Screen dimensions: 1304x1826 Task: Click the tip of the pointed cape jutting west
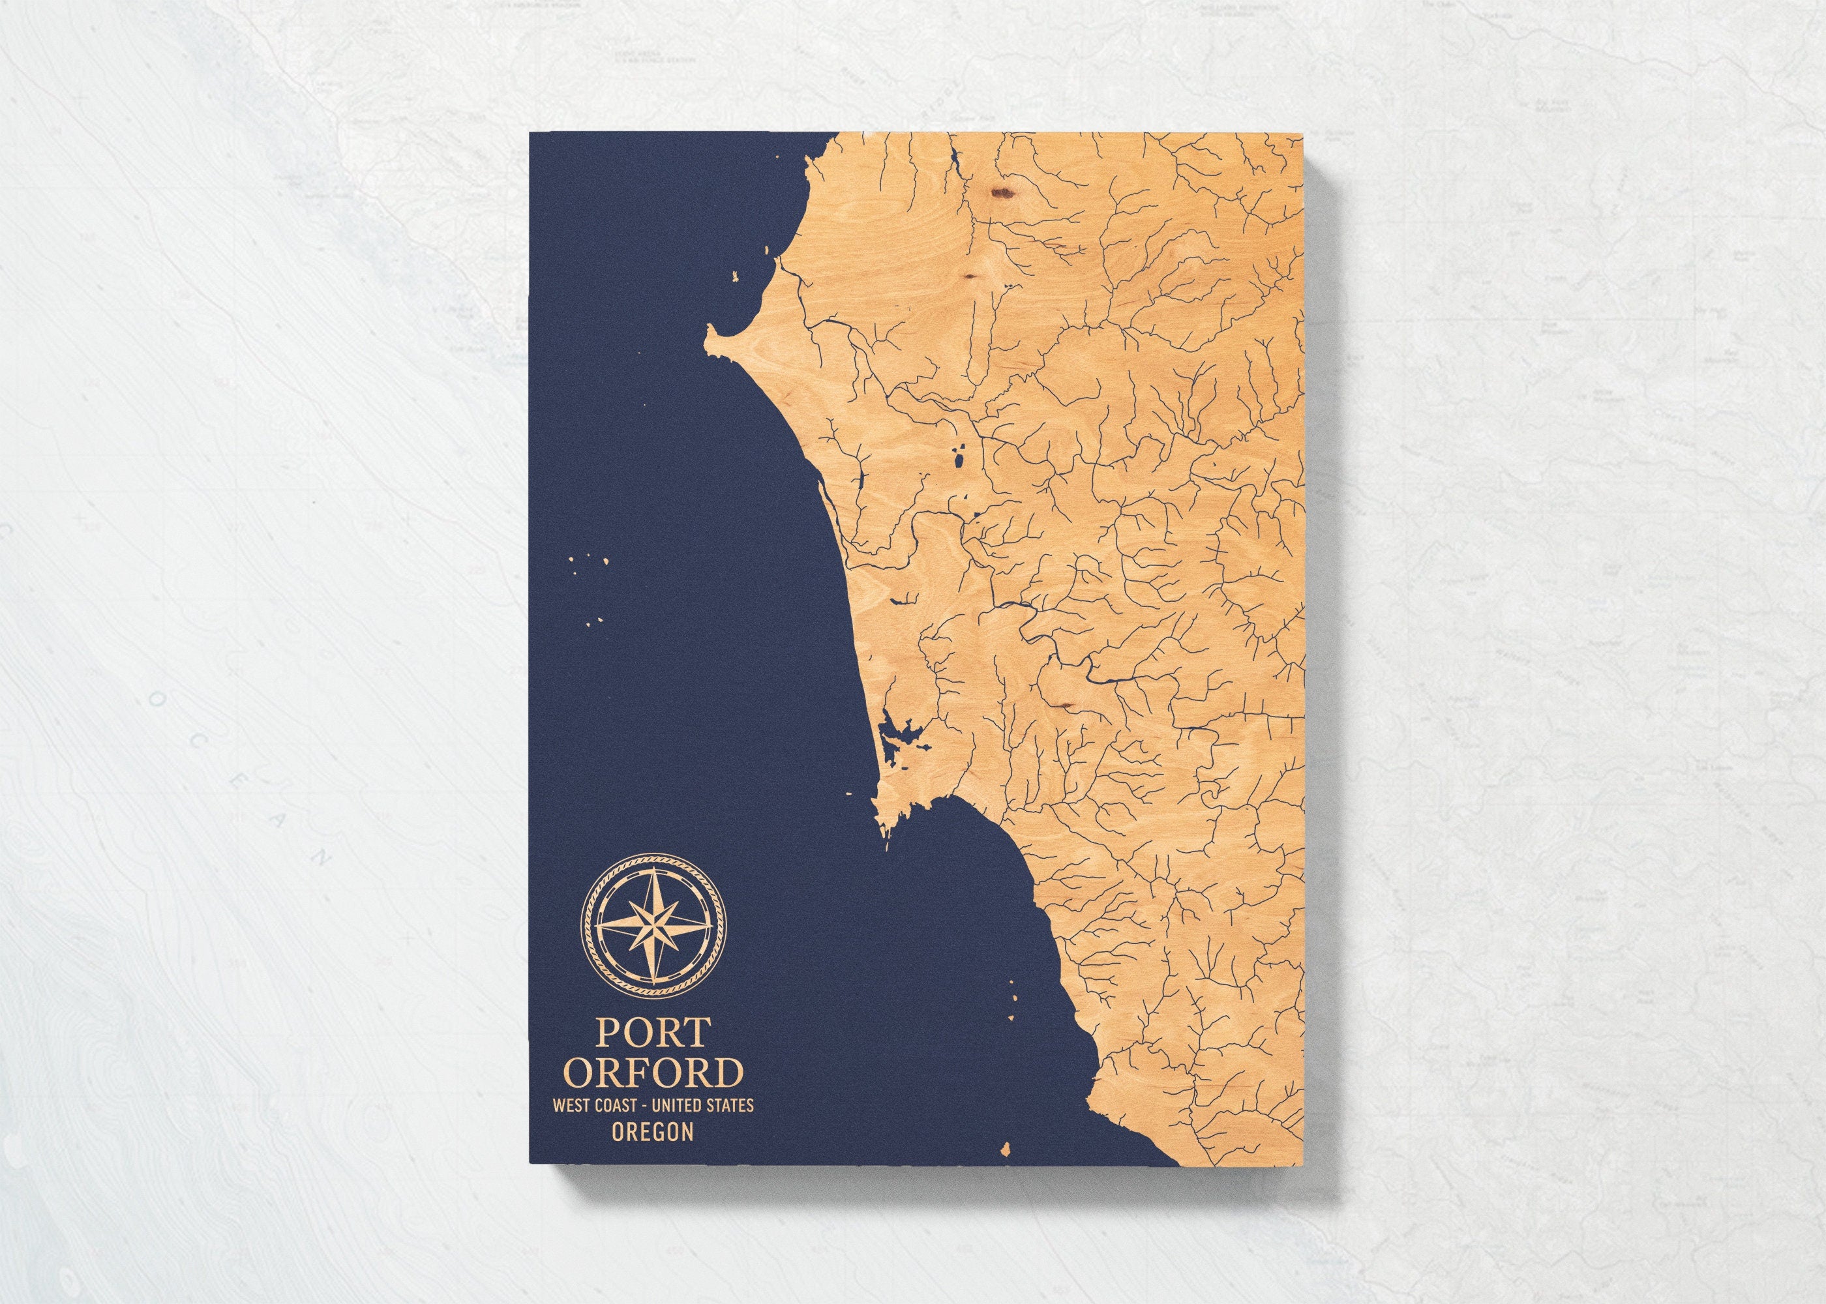(705, 333)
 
